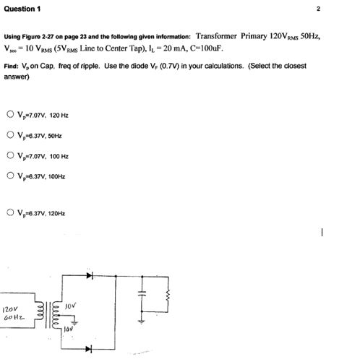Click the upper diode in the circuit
pos(90,275)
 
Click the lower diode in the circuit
pos(90,348)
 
